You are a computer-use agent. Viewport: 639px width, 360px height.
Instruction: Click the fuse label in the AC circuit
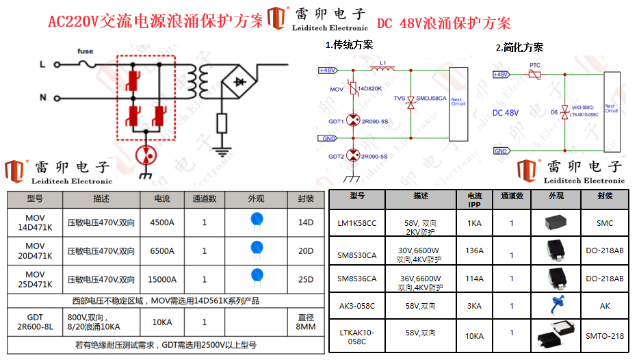pyautogui.click(x=86, y=51)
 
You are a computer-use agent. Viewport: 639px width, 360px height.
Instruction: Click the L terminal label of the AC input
pyautogui.click(x=42, y=65)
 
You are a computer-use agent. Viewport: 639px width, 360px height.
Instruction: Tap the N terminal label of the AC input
pyautogui.click(x=42, y=98)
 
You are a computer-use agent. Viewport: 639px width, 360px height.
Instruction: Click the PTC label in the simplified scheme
pyautogui.click(x=535, y=65)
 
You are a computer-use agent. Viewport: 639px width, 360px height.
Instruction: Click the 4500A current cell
pyautogui.click(x=162, y=222)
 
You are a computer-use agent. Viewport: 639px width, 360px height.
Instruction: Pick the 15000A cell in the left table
pyautogui.click(x=162, y=279)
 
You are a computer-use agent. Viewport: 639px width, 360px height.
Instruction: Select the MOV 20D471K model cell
pyautogui.click(x=35, y=251)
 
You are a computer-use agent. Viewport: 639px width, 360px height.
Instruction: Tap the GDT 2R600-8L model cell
pyautogui.click(x=35, y=322)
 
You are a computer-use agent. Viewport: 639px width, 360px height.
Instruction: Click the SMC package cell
pyautogui.click(x=605, y=223)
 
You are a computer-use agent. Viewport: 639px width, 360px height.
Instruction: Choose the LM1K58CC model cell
pyautogui.click(x=357, y=223)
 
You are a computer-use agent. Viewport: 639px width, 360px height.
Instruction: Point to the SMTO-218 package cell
pyautogui.click(x=605, y=336)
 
